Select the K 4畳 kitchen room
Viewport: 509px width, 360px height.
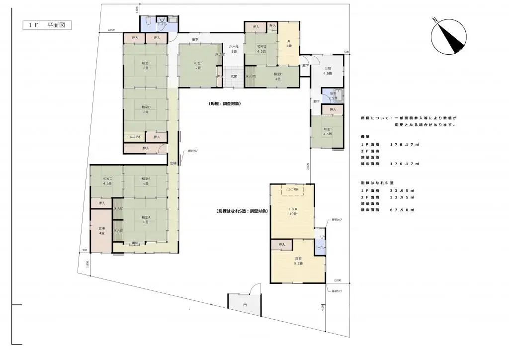click(x=288, y=44)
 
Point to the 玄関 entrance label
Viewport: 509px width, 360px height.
click(x=234, y=76)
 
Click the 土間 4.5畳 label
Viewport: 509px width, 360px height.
click(x=328, y=71)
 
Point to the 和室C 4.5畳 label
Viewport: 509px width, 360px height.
click(x=107, y=181)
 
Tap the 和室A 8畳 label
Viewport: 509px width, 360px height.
click(x=146, y=219)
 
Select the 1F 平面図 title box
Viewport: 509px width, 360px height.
click(x=47, y=25)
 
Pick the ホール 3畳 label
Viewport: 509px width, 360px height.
click(x=233, y=48)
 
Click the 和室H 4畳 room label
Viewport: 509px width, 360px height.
click(x=277, y=76)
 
